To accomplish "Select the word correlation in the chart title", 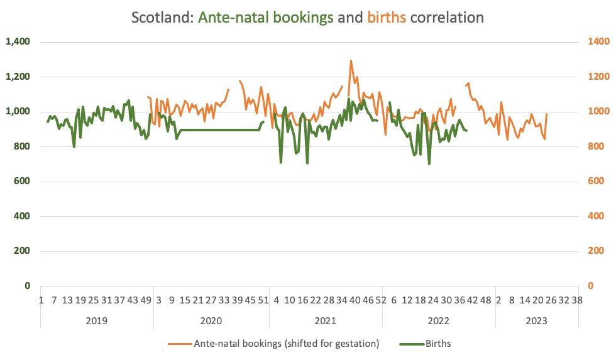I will [447, 17].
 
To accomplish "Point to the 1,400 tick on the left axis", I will [17, 42].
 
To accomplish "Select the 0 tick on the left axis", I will [28, 286].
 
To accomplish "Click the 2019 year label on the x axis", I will [96, 320].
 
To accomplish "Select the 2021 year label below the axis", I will [325, 320].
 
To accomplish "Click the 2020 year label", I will [211, 320].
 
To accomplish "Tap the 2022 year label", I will [438, 320].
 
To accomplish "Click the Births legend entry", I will [438, 344].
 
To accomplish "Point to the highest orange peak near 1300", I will [351, 61].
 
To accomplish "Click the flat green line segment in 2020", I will [220, 130].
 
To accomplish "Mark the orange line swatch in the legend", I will [179, 344].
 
